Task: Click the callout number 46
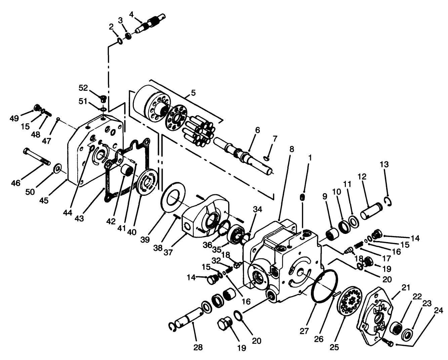(x=15, y=183)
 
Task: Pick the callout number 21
(x=406, y=287)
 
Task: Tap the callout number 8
(x=291, y=149)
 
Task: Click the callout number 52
(x=83, y=88)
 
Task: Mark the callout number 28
(x=198, y=347)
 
